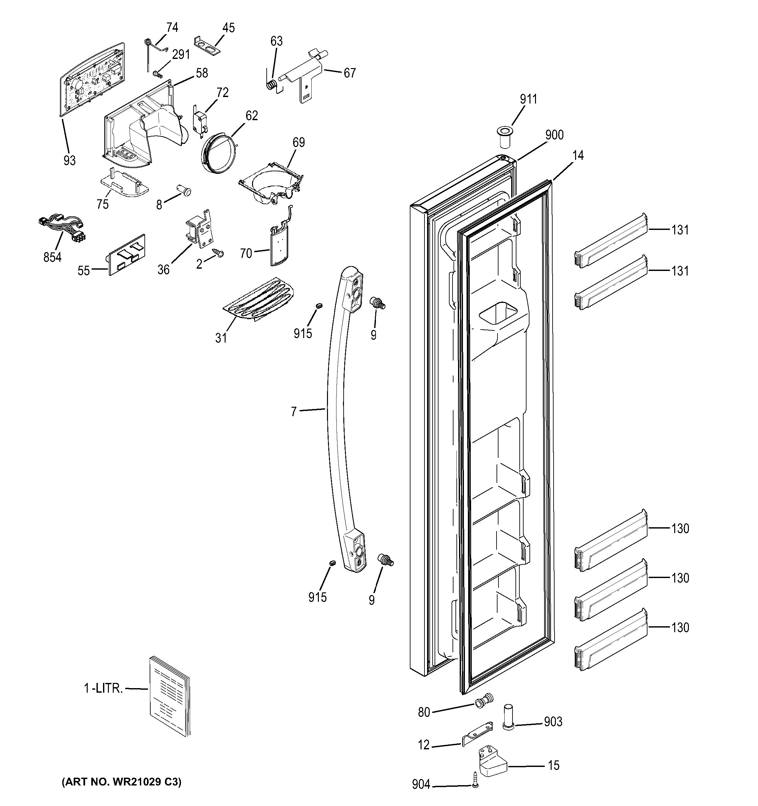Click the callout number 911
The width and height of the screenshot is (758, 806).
(x=528, y=99)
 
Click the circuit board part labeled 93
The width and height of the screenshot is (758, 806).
(x=93, y=79)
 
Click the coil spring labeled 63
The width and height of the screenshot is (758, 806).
(x=273, y=84)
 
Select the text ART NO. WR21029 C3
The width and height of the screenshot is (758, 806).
(x=121, y=782)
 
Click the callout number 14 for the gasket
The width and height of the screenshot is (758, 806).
(x=577, y=156)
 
